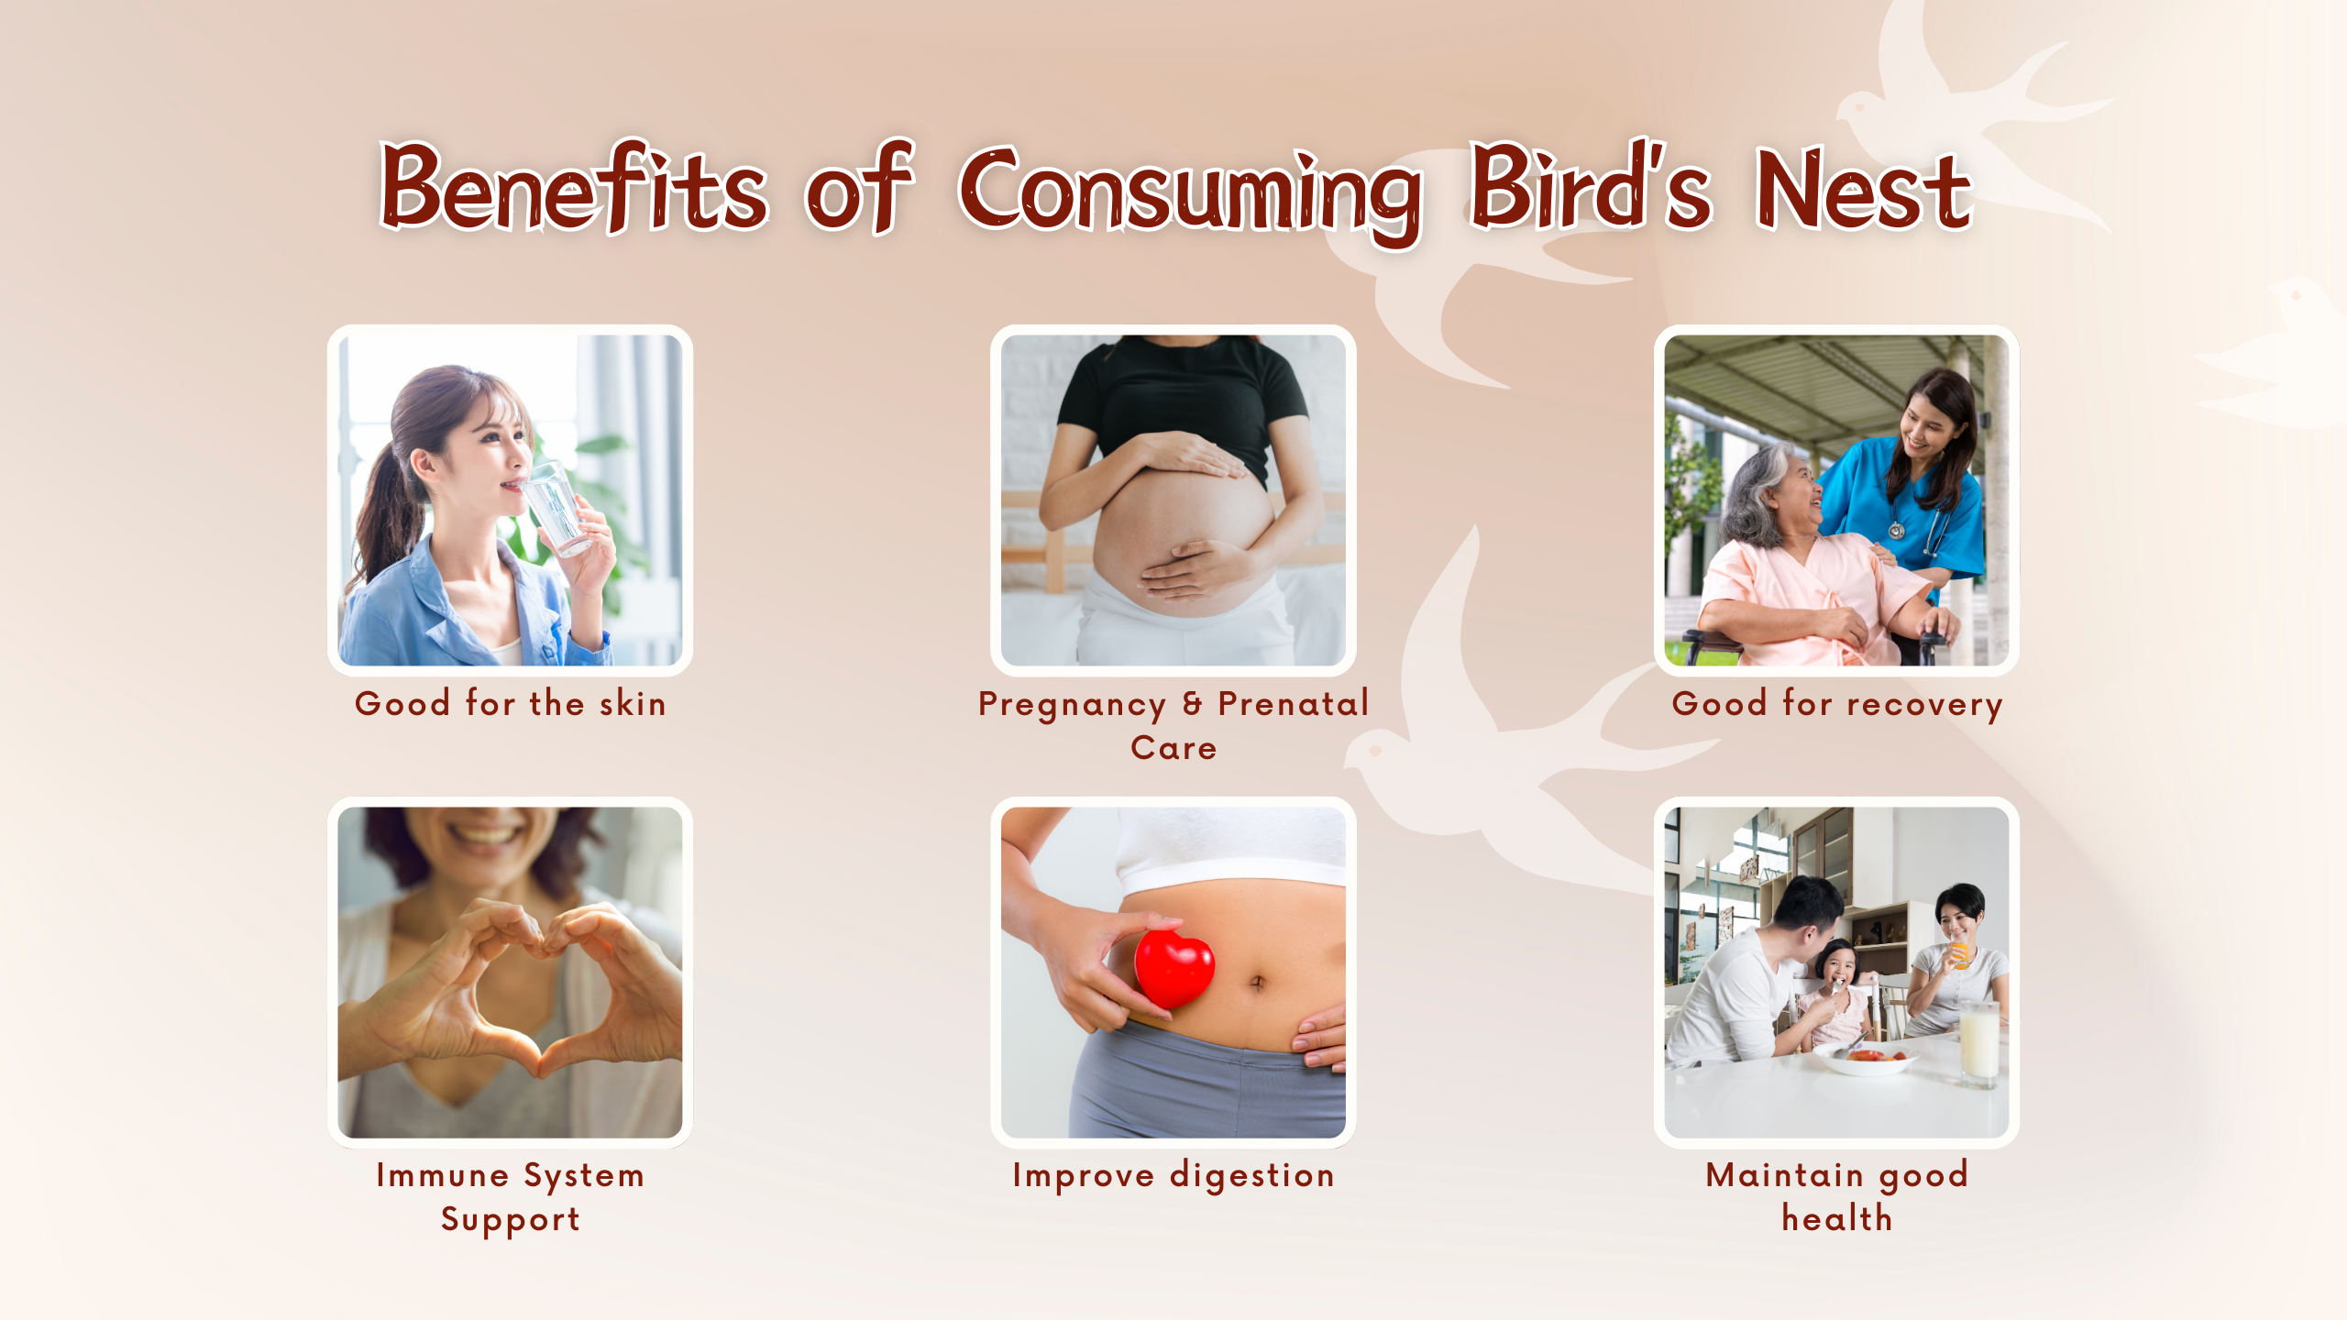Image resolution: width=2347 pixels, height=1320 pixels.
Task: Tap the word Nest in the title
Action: click(x=1863, y=189)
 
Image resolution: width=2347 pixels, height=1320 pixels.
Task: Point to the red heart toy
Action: click(x=1173, y=967)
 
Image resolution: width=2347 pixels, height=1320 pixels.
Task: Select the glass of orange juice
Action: click(x=1959, y=953)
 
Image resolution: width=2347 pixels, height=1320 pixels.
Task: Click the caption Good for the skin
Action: click(x=511, y=703)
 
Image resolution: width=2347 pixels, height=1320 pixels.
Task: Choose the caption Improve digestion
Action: click(x=1173, y=1175)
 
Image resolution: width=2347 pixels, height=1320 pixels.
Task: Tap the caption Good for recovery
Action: click(x=1837, y=704)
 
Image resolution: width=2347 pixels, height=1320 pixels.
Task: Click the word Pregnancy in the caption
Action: click(x=1072, y=705)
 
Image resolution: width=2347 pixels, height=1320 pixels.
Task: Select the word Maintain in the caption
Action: click(x=1784, y=1174)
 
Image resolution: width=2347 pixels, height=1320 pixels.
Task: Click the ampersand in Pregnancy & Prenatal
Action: click(x=1192, y=703)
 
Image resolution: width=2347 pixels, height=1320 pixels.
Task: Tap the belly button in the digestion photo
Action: click(x=1258, y=982)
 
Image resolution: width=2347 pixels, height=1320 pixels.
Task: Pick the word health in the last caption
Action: click(x=1837, y=1218)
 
